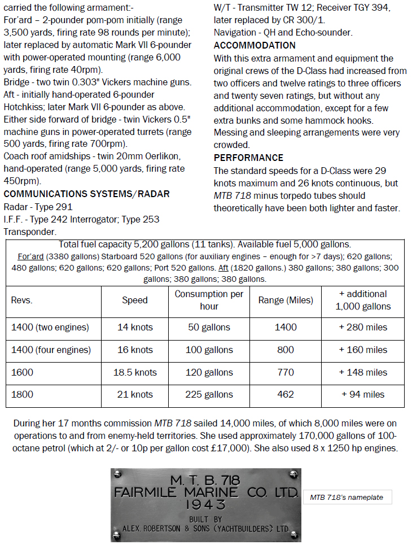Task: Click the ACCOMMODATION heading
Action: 255,46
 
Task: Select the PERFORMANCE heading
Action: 248,158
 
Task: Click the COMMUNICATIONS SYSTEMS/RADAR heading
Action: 87,194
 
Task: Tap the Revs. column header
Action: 22,300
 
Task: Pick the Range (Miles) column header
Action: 286,300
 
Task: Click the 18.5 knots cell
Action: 135,373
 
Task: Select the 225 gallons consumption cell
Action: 209,395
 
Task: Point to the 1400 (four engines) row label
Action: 51,350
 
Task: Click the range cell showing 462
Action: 286,395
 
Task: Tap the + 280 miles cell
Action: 363,328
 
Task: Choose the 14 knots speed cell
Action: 135,328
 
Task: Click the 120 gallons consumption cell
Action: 209,373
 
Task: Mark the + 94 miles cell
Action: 363,395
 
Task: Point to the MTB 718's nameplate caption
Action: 347,498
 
